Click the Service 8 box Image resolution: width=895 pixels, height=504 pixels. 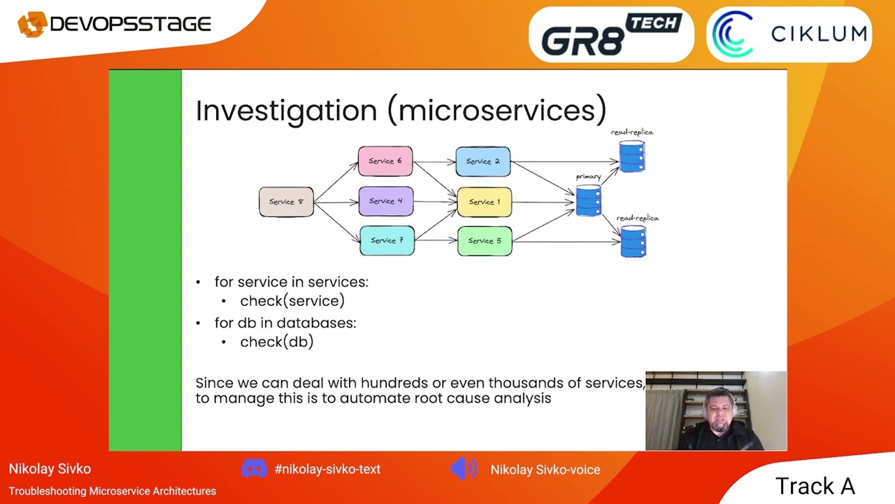(286, 202)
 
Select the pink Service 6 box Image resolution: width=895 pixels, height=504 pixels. (385, 161)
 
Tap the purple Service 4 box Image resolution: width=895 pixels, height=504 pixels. (386, 201)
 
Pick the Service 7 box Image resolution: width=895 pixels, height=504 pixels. (387, 241)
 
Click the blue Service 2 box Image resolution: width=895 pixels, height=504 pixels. (483, 162)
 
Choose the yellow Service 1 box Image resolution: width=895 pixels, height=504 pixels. (485, 202)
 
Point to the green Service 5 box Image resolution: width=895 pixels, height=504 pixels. (485, 241)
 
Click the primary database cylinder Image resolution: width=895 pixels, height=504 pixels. (589, 200)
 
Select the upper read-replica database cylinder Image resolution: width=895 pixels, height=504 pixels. (632, 156)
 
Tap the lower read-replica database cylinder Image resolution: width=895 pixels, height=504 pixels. (633, 241)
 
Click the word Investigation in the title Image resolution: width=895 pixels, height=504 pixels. (286, 111)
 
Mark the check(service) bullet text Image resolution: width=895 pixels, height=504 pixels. (292, 301)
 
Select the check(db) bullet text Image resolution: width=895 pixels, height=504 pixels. (277, 342)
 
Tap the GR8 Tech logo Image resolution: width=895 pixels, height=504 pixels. (610, 35)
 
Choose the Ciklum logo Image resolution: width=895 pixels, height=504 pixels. (789, 34)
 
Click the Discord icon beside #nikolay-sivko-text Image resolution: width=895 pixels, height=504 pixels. (254, 469)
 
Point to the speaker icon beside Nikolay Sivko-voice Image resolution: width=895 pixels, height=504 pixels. (464, 469)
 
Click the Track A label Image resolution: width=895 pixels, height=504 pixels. (815, 486)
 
